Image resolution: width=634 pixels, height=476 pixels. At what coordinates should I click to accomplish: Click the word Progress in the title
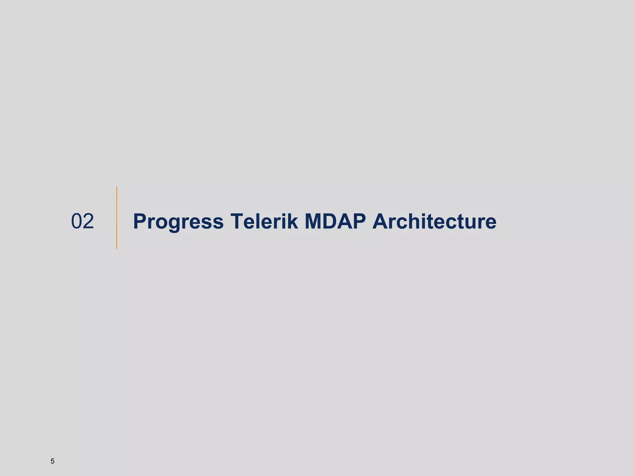178,222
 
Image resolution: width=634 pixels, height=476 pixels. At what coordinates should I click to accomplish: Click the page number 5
52,461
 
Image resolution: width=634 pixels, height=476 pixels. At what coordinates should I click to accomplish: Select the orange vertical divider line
117,218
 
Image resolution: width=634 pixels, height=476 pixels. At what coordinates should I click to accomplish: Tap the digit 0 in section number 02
77,221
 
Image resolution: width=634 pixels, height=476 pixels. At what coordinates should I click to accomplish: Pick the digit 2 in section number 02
88,221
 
